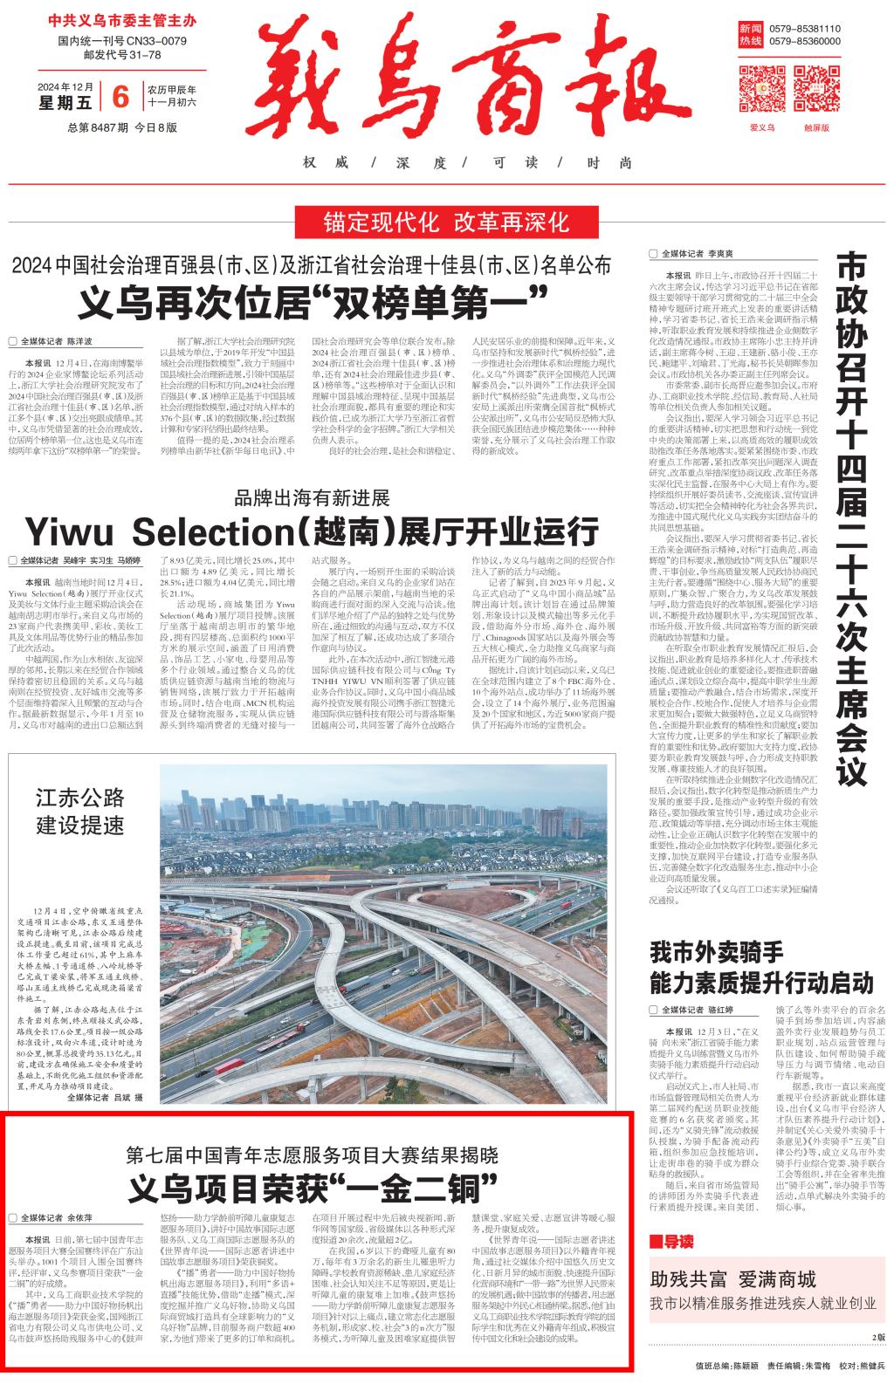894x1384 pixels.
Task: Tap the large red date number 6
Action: pos(120,95)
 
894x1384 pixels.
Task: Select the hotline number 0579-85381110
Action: pos(804,28)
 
